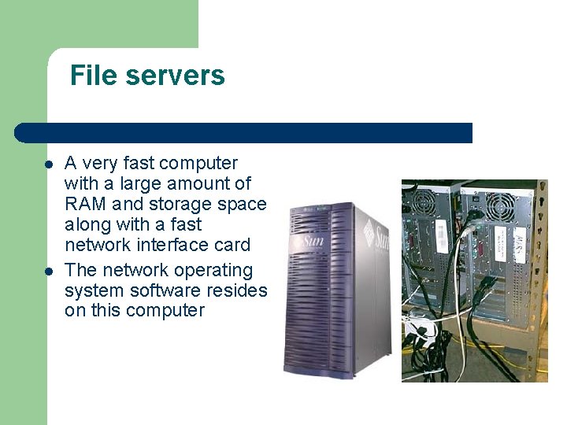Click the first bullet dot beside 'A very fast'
[49, 165]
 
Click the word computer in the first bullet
[198, 164]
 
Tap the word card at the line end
[231, 245]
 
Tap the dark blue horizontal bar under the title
[244, 133]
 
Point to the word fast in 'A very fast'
[137, 164]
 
